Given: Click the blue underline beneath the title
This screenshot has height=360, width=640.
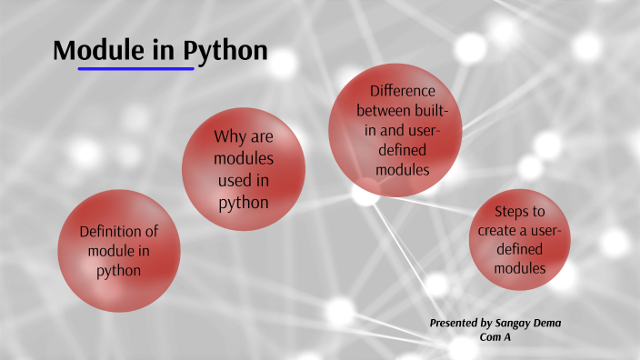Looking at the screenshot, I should coord(135,68).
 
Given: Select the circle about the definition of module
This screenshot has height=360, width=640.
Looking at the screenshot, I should coord(119,251).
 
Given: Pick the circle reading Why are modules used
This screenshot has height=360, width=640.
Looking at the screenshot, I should coord(244,169).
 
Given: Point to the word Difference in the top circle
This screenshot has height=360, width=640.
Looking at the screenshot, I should coord(402,91).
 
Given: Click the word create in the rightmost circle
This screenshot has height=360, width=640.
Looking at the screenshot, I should coord(498,229).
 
